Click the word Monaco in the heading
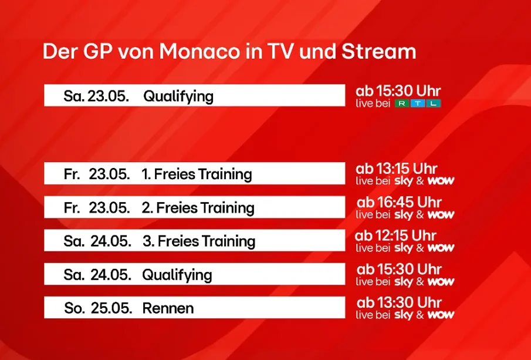(x=199, y=52)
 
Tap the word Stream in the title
(x=378, y=52)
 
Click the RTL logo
(x=418, y=103)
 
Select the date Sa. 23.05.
(x=96, y=96)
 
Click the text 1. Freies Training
(x=197, y=174)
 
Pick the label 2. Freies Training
(x=198, y=207)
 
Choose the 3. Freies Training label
(x=199, y=241)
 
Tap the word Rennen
(x=168, y=308)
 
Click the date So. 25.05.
(x=98, y=308)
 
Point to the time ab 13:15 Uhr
(x=396, y=169)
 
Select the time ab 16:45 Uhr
(x=399, y=203)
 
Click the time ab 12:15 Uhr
(x=395, y=235)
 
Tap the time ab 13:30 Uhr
(x=399, y=302)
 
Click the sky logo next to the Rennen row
(x=404, y=315)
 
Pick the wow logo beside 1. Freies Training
(x=441, y=181)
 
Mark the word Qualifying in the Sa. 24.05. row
(x=177, y=275)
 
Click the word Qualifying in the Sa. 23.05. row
(x=178, y=96)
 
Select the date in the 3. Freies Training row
(x=97, y=241)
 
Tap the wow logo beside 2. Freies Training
(x=441, y=214)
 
